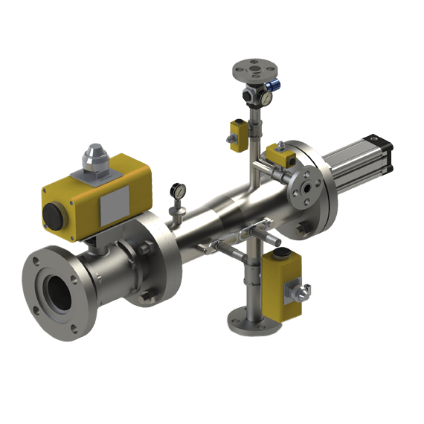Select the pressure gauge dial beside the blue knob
pyautogui.click(x=265, y=98)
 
